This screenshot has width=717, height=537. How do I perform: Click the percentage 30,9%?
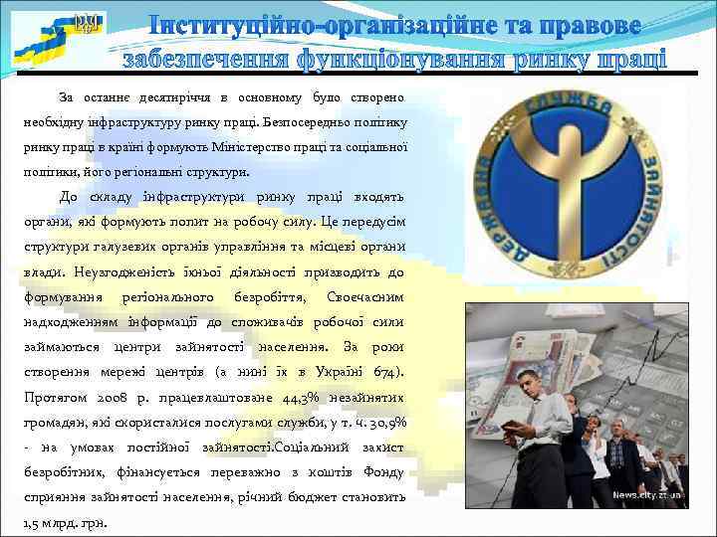[x=386, y=423]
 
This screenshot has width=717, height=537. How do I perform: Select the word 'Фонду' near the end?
[x=383, y=473]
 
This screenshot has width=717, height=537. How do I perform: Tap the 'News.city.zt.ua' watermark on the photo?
[x=648, y=494]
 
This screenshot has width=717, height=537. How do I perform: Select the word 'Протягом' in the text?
[x=51, y=398]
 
